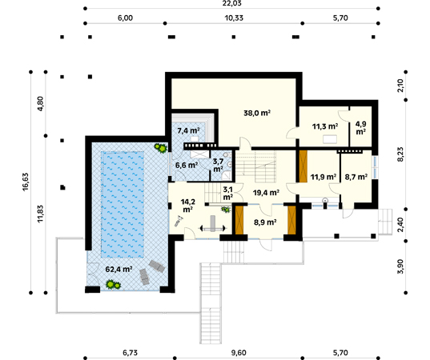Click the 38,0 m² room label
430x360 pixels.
pyautogui.click(x=257, y=113)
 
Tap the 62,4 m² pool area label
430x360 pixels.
pyautogui.click(x=119, y=270)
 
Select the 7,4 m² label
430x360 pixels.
pyautogui.click(x=188, y=130)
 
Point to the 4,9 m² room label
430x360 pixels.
pyautogui.click(x=360, y=128)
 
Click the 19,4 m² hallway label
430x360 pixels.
pyautogui.click(x=266, y=193)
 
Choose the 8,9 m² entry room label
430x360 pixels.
pyautogui.click(x=265, y=222)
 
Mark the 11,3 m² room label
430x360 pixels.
pyautogui.click(x=325, y=126)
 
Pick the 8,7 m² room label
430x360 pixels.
pyautogui.click(x=356, y=177)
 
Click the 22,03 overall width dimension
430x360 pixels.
pyautogui.click(x=231, y=3)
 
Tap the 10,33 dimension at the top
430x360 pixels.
pyautogui.click(x=234, y=18)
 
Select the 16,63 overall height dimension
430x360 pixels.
pyautogui.click(x=25, y=182)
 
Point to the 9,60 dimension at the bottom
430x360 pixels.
pyautogui.click(x=239, y=353)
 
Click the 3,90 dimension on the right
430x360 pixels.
pyautogui.click(x=400, y=266)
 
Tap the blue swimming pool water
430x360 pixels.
pyautogui.click(x=123, y=205)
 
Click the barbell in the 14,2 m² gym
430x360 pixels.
pyautogui.click(x=213, y=227)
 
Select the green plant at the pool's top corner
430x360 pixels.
pyautogui.click(x=160, y=148)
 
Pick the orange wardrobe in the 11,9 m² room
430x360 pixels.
pyautogui.click(x=303, y=166)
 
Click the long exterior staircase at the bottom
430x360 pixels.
pyautogui.click(x=211, y=303)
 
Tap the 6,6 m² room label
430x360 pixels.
pyautogui.click(x=187, y=166)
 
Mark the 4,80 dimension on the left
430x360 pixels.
pyautogui.click(x=40, y=103)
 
